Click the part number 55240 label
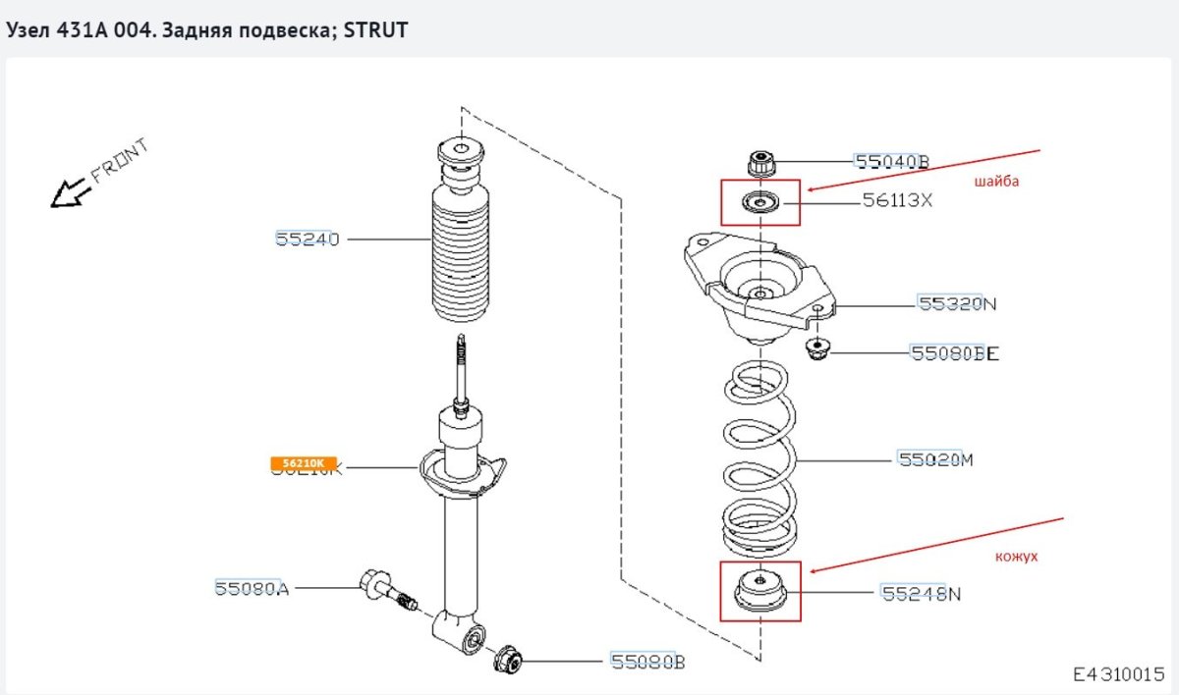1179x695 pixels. tap(307, 239)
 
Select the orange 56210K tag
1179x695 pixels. tap(304, 462)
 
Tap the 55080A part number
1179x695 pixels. tap(252, 588)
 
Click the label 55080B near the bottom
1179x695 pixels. tap(647, 662)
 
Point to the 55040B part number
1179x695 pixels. tap(891, 162)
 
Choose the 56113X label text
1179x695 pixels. tap(897, 201)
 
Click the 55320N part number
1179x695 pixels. tap(957, 304)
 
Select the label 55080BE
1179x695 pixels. tap(954, 352)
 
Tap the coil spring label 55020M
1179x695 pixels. tap(935, 458)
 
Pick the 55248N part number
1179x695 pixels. tap(921, 593)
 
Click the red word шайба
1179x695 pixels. tap(996, 182)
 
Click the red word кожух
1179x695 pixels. tap(1016, 556)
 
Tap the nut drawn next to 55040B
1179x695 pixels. tap(762, 163)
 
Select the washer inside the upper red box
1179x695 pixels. tap(759, 203)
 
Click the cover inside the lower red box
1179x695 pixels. tap(760, 592)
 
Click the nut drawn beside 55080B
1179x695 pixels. tap(508, 660)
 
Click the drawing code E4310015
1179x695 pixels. tap(1117, 674)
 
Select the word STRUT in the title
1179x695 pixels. tap(379, 30)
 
